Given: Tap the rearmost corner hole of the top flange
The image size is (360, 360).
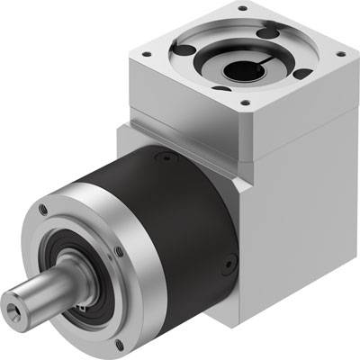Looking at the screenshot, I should [241, 9].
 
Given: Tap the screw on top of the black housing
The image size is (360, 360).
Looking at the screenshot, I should [166, 157].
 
